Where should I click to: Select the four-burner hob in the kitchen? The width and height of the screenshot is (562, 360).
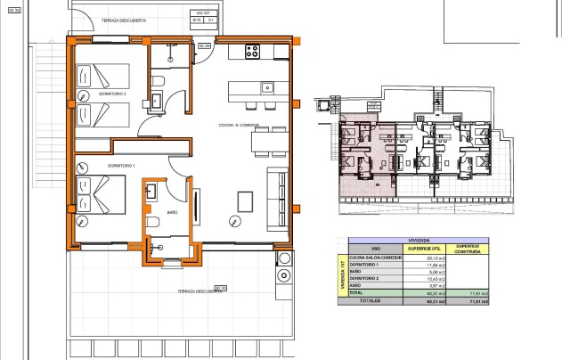point(251,51)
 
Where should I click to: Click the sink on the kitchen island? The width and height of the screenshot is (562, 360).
point(266,87)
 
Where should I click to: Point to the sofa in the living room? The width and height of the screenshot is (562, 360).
point(279,199)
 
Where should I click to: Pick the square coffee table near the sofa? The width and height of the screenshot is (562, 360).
point(244,200)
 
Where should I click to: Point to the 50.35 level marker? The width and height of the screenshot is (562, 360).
point(203,45)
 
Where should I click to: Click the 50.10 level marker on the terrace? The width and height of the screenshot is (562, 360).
point(220,287)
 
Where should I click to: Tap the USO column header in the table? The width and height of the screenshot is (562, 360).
point(375,248)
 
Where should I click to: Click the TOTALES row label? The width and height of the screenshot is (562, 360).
point(370,301)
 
